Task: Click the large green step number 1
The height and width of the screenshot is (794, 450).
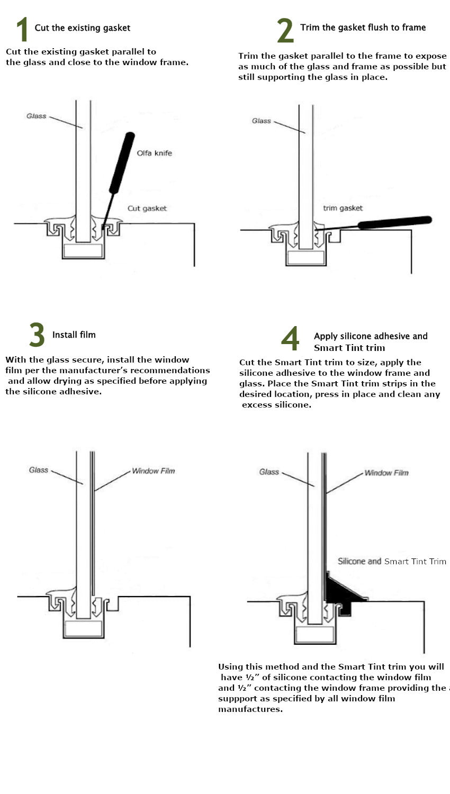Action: [x=21, y=29]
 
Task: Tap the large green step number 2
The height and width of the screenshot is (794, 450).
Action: [x=285, y=30]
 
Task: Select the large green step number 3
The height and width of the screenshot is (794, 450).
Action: [x=37, y=335]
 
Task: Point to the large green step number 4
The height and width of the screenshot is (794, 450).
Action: [x=290, y=339]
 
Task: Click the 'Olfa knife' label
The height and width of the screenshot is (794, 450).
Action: [x=154, y=153]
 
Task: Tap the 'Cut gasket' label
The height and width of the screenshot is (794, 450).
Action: [x=147, y=209]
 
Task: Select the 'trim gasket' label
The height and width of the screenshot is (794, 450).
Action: [x=343, y=208]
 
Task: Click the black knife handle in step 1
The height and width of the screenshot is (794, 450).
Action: [x=122, y=162]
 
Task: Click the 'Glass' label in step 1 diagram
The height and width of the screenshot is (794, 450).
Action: [x=37, y=116]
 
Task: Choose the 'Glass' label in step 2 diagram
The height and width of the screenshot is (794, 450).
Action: [x=261, y=121]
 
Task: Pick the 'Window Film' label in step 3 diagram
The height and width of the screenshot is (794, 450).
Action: [x=153, y=471]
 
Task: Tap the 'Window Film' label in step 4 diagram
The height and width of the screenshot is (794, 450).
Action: [x=386, y=473]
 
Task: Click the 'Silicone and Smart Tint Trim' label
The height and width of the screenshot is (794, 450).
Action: [x=392, y=561]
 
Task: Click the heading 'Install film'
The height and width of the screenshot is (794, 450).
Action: [x=74, y=335]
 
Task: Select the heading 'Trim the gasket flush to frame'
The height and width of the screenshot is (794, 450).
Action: [x=363, y=28]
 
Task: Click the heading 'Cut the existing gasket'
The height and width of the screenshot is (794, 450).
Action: [x=82, y=28]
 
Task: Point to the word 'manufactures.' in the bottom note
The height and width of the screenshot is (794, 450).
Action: [x=250, y=709]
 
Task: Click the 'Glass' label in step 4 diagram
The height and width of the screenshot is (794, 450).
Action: [x=269, y=472]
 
